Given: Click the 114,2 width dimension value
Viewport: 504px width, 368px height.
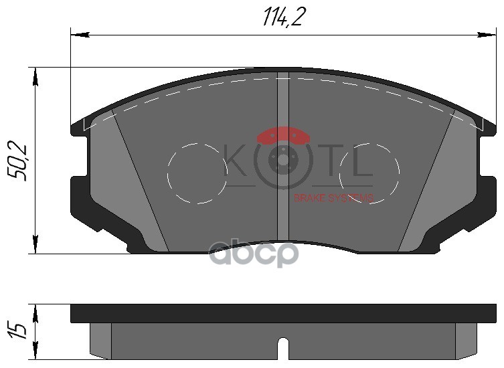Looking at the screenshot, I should coord(280,17).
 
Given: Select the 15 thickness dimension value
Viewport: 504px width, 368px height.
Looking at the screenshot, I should coord(19,331).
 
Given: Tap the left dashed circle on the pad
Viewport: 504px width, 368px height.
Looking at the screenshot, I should coord(196,173).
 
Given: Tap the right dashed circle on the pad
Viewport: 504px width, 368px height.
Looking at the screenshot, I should coord(369,173).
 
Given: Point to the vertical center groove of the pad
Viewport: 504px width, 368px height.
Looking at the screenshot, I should coord(282,161).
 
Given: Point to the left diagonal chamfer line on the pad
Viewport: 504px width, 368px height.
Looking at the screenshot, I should coord(141,181).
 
